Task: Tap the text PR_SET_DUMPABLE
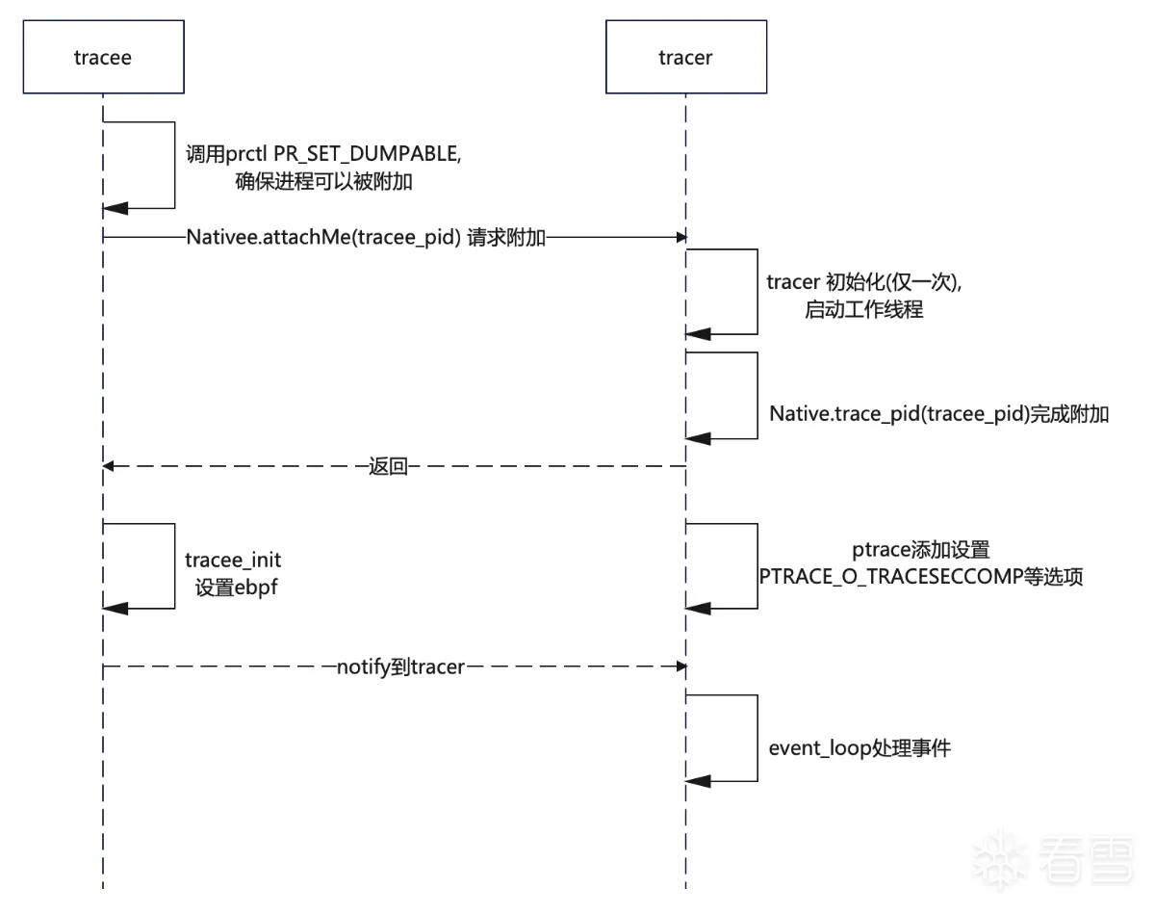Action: pos(367,154)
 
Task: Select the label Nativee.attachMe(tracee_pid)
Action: pos(323,237)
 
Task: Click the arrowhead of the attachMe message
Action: pos(681,237)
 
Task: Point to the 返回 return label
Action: pos(388,466)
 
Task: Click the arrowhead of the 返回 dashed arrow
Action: pos(108,466)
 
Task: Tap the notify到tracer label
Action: pos(400,667)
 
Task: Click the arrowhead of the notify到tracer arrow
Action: pos(681,666)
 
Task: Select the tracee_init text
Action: pos(233,561)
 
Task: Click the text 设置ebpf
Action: pos(236,588)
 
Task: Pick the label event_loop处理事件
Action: pos(860,748)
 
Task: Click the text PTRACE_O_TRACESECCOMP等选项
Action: pos(921,577)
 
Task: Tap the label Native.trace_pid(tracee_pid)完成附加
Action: pos(939,414)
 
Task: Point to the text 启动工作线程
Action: pos(864,310)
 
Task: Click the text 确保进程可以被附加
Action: pos(323,181)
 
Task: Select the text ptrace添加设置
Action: pos(921,550)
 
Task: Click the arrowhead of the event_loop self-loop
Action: pos(698,781)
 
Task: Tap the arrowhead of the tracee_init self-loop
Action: pos(115,609)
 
